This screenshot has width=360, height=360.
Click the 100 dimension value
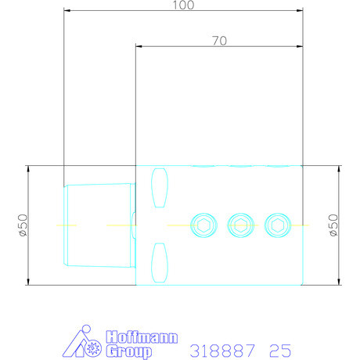[x=183, y=5]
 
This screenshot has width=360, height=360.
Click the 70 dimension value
[x=219, y=41]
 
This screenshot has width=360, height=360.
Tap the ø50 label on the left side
[x=23, y=225]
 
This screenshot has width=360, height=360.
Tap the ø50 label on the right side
[x=333, y=225]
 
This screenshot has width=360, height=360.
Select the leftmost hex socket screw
[x=203, y=225]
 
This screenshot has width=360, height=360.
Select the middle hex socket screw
[x=240, y=225]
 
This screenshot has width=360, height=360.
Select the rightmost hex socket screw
[x=278, y=225]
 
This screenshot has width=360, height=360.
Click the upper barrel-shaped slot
[x=160, y=188]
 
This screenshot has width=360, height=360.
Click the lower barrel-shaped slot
[x=160, y=263]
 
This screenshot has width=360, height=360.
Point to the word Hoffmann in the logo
[x=142, y=337]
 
